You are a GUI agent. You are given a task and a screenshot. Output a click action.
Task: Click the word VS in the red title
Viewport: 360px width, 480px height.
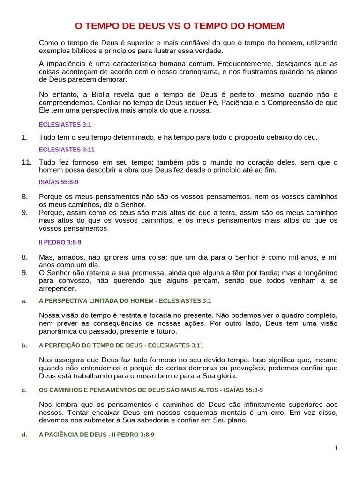(x=180, y=26)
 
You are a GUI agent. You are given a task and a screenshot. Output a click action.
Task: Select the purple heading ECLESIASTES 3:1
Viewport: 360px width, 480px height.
(x=65, y=125)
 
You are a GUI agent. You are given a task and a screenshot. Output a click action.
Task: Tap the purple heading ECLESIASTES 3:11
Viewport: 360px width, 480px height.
(x=67, y=150)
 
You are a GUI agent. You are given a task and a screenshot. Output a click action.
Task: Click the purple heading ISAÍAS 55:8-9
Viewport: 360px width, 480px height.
(x=58, y=182)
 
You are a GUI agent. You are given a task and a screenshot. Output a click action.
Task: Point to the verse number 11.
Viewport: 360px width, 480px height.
(x=26, y=162)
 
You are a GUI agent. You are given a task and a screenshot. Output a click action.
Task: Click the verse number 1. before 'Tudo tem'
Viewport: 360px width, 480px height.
(x=25, y=137)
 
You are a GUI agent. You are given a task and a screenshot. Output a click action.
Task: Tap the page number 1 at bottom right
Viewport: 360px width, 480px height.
(x=336, y=448)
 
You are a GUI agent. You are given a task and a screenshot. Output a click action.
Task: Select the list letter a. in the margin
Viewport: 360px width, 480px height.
(x=24, y=301)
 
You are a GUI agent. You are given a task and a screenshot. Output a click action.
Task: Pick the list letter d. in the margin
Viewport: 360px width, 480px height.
(x=24, y=435)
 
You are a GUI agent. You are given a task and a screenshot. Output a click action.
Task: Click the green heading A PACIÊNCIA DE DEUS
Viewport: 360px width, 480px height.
(x=97, y=435)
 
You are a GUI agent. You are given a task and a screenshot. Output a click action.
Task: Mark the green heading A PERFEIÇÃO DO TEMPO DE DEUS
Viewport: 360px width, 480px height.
(x=121, y=345)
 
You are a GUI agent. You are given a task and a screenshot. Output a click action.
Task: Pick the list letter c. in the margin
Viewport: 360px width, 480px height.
(x=24, y=390)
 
